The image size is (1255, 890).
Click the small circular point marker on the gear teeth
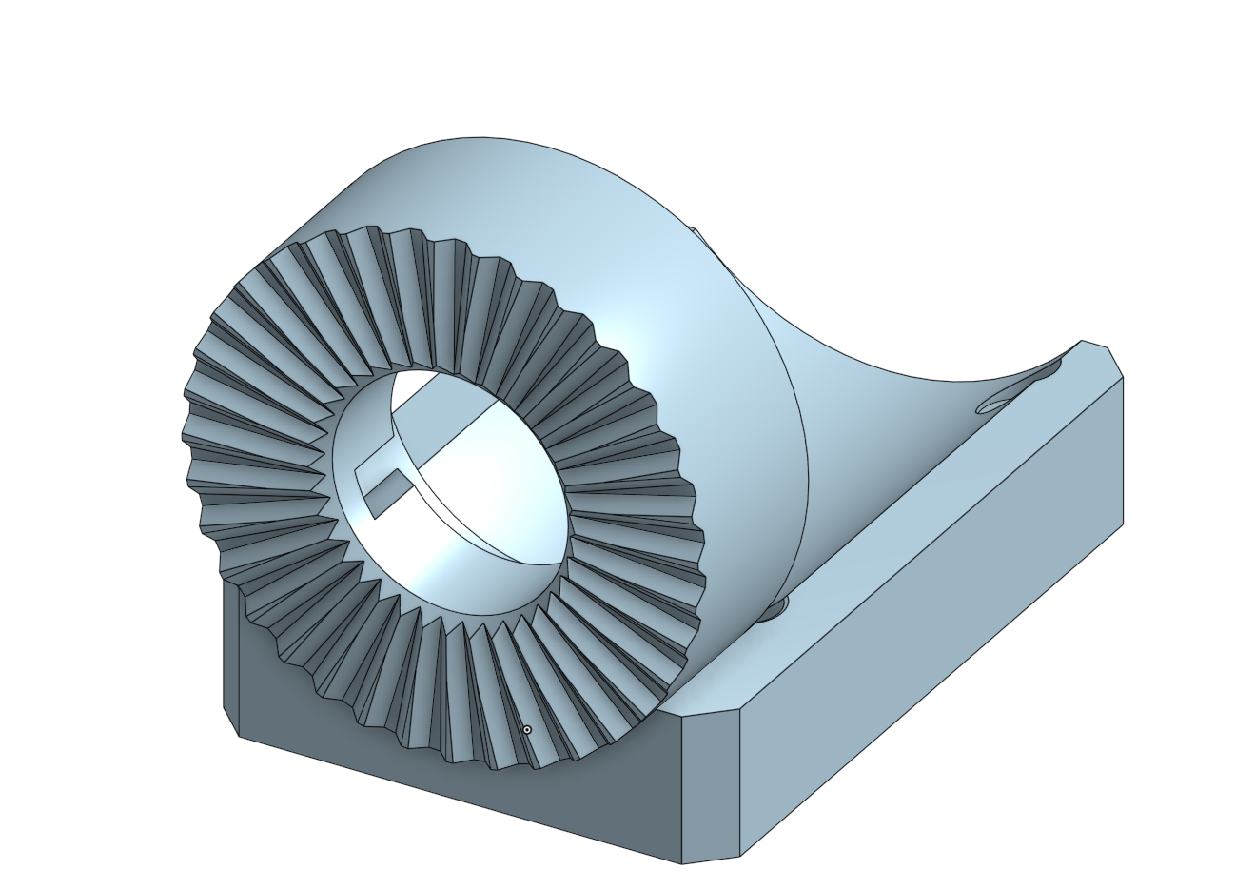tap(527, 730)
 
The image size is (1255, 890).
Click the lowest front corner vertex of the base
tap(682, 864)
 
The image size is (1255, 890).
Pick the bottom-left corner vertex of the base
tap(238, 736)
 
